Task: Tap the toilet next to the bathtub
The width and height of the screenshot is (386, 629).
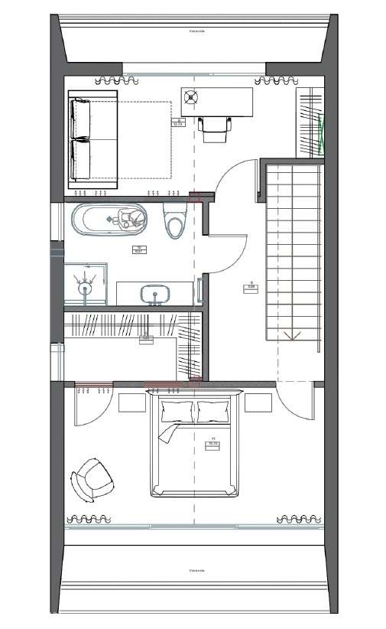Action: point(176,220)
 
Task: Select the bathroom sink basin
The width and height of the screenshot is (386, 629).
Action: point(155,293)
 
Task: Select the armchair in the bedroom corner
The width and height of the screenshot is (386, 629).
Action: point(92,480)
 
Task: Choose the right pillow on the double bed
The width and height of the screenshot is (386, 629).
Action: point(214,412)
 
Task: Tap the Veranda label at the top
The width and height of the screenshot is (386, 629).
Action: point(197,31)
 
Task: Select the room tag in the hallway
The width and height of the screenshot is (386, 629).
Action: point(250,288)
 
